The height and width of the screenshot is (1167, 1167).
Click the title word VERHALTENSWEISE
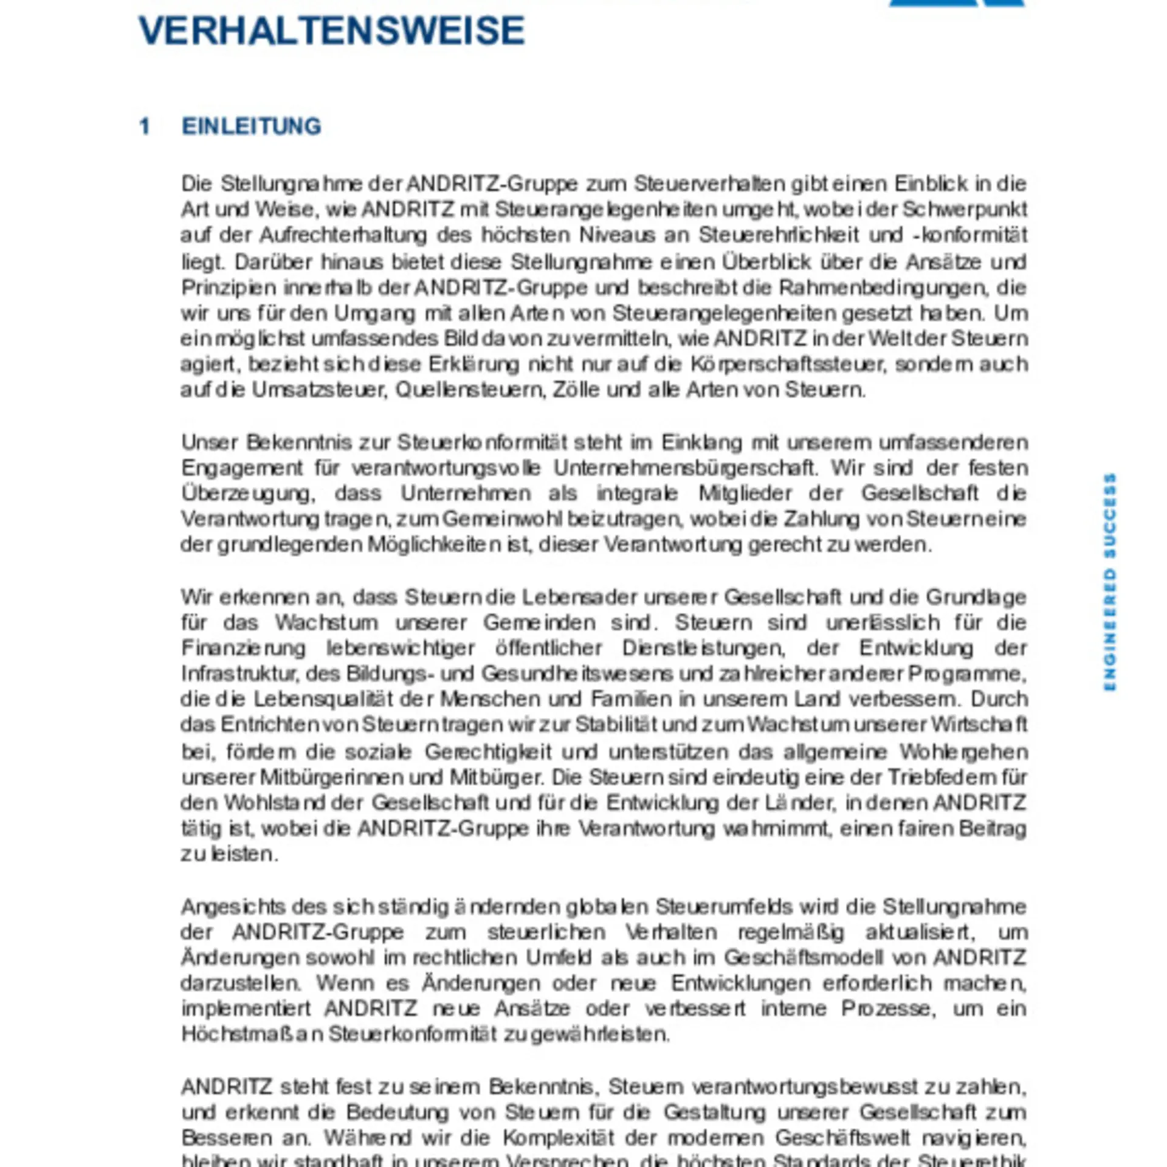pyautogui.click(x=332, y=30)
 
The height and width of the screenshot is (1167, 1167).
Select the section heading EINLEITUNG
pyautogui.click(x=251, y=126)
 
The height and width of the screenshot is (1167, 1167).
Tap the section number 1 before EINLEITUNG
pyautogui.click(x=145, y=126)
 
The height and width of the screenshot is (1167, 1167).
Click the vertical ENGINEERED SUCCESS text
pyautogui.click(x=1110, y=582)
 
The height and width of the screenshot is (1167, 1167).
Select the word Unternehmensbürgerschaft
pyautogui.click(x=683, y=468)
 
